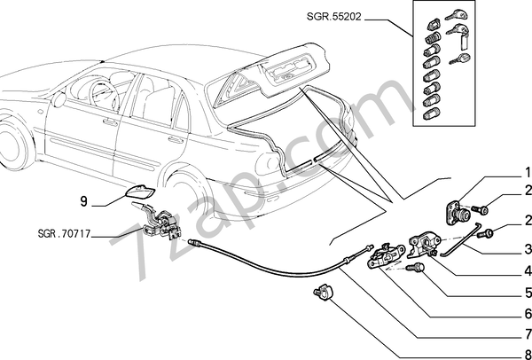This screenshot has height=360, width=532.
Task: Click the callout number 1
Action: pyautogui.click(x=527, y=171)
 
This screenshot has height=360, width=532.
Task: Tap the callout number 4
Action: pyautogui.click(x=527, y=270)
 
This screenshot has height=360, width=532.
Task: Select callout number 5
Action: pyautogui.click(x=527, y=291)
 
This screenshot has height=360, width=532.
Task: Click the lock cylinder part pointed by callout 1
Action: pyautogui.click(x=458, y=214)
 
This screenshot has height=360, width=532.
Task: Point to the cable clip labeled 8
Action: pyautogui.click(x=322, y=290)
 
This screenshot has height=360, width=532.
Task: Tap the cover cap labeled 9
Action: pyautogui.click(x=137, y=195)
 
